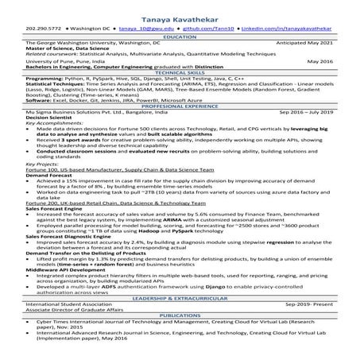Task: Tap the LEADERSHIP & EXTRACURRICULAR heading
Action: pos(180,296)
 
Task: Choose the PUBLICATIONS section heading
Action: pos(180,315)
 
